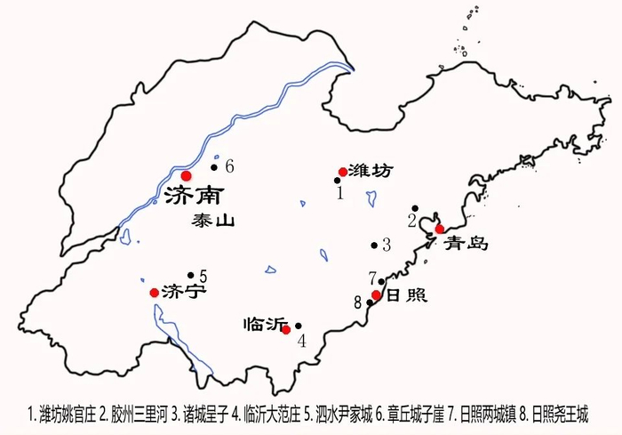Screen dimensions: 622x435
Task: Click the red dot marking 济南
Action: coord(186,175)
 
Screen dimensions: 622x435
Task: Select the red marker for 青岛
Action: coord(440,229)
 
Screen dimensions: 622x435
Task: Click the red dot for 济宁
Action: coord(155,292)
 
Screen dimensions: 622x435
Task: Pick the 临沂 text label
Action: coord(259,325)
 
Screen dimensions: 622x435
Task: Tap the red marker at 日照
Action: coord(377,294)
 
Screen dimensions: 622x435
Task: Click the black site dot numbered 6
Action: coord(214,166)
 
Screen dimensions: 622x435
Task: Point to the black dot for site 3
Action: coord(373,245)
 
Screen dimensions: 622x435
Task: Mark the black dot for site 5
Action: coord(190,275)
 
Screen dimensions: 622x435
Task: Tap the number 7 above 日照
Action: coord(373,277)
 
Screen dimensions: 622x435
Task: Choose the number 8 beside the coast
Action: coord(358,302)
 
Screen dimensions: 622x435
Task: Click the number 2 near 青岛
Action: coord(411,220)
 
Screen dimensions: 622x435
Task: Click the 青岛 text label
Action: coord(467,242)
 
